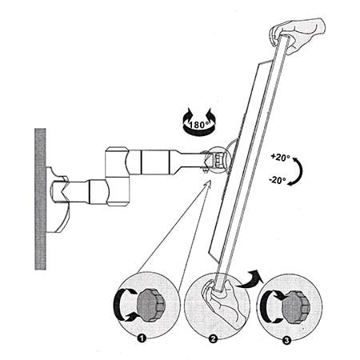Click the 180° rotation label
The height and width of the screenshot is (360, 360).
click(199, 125)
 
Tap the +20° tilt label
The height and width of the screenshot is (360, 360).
click(280, 158)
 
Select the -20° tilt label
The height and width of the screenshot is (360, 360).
click(278, 181)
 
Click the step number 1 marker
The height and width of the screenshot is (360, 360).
click(142, 338)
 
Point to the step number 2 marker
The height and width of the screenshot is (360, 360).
click(213, 339)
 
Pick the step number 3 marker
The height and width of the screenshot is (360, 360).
click(286, 341)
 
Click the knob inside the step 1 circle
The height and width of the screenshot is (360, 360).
click(151, 305)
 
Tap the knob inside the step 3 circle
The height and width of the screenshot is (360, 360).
click(296, 306)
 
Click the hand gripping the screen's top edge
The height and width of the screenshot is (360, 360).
click(298, 34)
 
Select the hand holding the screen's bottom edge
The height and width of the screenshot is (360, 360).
click(222, 302)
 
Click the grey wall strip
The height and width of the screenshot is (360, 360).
click(40, 198)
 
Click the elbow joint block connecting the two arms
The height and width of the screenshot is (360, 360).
click(117, 177)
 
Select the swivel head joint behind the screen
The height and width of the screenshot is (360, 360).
click(217, 160)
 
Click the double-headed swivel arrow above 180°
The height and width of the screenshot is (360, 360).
click(198, 122)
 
